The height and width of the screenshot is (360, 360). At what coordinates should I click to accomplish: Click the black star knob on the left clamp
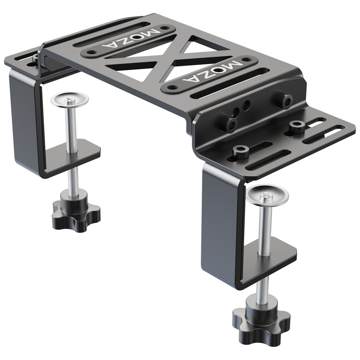[x=76, y=212]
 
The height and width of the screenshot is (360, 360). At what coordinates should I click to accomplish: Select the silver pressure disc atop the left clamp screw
[x=69, y=99]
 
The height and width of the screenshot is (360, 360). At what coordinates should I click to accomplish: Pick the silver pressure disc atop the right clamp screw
[x=268, y=194]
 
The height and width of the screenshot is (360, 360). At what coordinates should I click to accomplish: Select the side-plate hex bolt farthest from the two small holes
[x=285, y=100]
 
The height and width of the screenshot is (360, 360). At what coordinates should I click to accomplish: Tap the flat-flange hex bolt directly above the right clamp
[x=241, y=151]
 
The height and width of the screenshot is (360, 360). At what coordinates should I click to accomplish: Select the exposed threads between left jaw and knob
[x=73, y=178]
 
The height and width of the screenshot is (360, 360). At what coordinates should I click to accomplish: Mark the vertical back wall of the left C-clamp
[x=25, y=119]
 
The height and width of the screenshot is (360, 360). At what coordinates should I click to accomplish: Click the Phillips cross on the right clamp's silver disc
[x=267, y=194]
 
